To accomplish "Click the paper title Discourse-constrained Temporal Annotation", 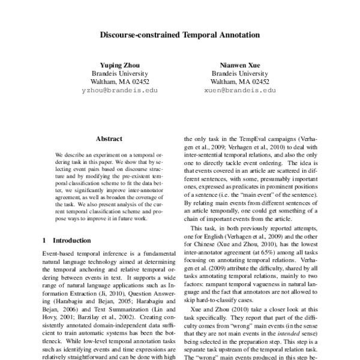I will (x=179, y=35).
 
